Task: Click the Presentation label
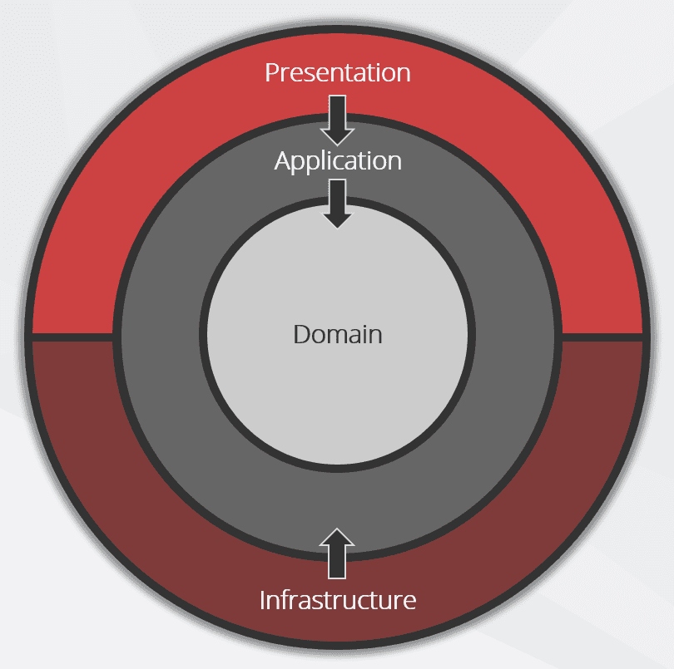point(338,72)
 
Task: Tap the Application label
point(338,162)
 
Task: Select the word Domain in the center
point(338,334)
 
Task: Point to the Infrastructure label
point(338,599)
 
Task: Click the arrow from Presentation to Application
point(338,121)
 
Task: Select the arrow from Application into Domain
point(338,204)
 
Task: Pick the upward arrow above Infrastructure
point(337,553)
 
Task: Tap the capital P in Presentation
point(272,72)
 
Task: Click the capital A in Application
point(283,160)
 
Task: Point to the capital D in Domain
point(302,334)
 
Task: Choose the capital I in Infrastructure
point(262,600)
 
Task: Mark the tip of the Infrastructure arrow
point(337,529)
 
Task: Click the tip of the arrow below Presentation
point(338,145)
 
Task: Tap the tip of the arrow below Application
point(338,229)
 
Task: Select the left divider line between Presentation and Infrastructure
point(72,337)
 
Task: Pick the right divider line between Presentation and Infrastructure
point(602,337)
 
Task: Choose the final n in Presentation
point(404,75)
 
